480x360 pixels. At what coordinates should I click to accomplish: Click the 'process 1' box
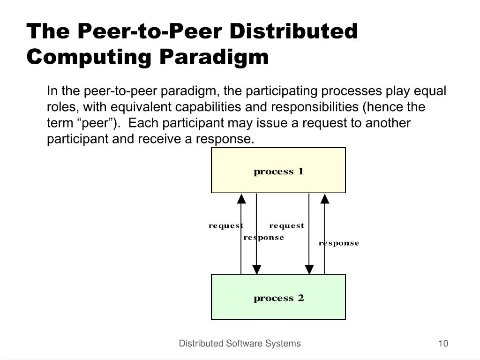[278, 171]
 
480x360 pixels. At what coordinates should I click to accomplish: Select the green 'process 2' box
[278, 297]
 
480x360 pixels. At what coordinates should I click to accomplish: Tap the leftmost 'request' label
[226, 226]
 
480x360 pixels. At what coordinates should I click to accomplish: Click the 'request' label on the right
[286, 226]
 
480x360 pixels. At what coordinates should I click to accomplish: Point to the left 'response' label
[264, 238]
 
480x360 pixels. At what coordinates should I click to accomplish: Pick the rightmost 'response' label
[339, 243]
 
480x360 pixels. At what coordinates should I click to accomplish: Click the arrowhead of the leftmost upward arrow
[241, 199]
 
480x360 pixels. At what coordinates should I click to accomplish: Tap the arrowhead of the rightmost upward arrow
[324, 199]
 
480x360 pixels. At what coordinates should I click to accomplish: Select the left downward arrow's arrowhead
[256, 269]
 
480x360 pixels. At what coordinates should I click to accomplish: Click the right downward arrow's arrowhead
[309, 269]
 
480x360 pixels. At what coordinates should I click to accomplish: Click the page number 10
[443, 344]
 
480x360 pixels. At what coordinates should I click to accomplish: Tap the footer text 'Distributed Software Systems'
[240, 344]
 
